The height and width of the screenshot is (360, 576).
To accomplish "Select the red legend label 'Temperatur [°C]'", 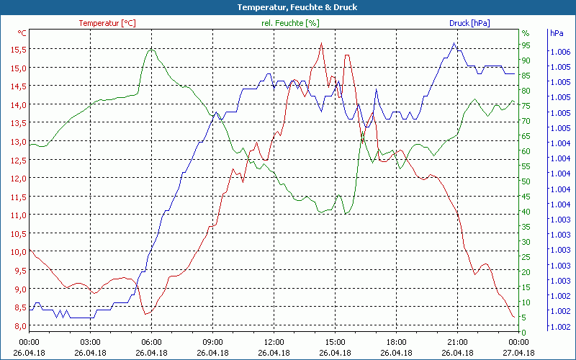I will [x=107, y=23].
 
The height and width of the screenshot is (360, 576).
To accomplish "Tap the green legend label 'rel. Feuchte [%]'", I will [x=290, y=23].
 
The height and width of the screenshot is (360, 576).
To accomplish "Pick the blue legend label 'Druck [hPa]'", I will [x=469, y=23].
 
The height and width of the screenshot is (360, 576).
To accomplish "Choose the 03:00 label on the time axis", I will [x=90, y=342].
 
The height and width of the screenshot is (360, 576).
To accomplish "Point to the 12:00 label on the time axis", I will [x=274, y=342].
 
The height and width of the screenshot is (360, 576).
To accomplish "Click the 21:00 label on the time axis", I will [x=458, y=342].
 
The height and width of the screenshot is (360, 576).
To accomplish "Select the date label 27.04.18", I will [x=519, y=353].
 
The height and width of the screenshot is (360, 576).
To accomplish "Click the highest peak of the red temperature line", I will [x=322, y=43].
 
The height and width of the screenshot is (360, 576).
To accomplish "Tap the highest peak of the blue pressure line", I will [x=454, y=43].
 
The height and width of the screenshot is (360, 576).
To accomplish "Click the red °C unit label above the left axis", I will [x=22, y=33].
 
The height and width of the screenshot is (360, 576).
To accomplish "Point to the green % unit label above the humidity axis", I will [x=526, y=33].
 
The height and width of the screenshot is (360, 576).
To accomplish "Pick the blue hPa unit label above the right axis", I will [x=557, y=33].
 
